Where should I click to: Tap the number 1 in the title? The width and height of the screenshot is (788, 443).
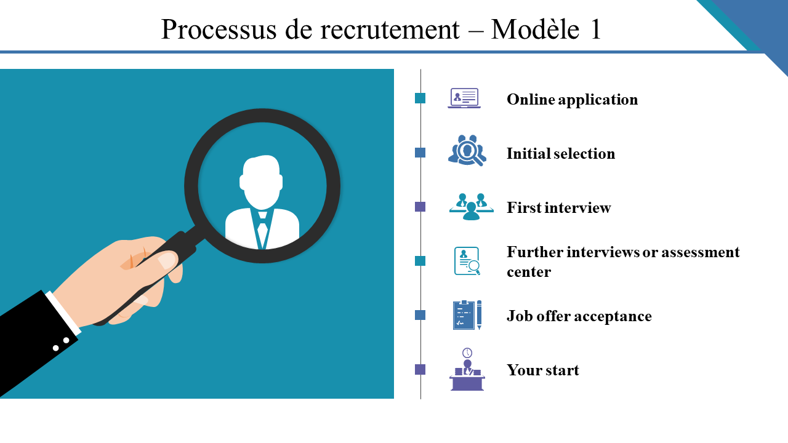pos(595,30)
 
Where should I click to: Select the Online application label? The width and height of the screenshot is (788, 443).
pos(572,100)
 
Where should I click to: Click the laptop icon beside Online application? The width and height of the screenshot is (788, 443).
pos(464,98)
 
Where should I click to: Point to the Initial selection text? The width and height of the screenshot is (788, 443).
pos(560,154)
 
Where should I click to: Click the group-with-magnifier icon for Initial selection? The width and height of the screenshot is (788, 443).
pos(467,150)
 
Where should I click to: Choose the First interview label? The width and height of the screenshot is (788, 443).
pos(558,208)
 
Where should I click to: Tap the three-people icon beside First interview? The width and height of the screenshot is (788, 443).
pos(471,207)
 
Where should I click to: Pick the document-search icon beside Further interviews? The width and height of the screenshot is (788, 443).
pos(467,261)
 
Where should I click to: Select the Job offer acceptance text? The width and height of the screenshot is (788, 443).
pos(579,316)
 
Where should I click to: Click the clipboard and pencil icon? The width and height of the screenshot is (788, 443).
pos(467,315)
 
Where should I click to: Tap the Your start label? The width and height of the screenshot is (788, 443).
pos(542,370)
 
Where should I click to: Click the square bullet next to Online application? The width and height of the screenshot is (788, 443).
pos(420,98)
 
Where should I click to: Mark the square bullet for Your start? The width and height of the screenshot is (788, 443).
pos(420,370)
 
